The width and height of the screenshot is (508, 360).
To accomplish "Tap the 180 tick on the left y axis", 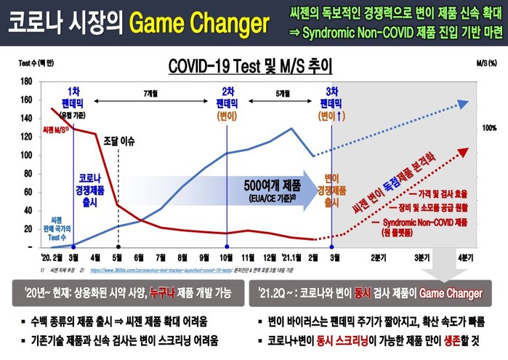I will [x=27, y=81].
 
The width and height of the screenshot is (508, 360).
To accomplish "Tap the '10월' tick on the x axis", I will [x=225, y=256].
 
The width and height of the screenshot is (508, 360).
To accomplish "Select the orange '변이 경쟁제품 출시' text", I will [x=331, y=190].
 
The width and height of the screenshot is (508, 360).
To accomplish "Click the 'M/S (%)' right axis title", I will [x=485, y=64].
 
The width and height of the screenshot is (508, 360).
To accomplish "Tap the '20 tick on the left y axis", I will [x=28, y=228].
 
